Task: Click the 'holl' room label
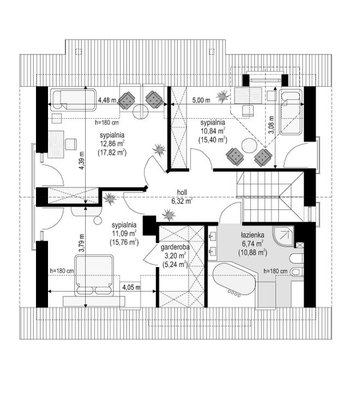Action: pyautogui.click(x=182, y=192)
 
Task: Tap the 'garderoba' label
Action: pyautogui.click(x=175, y=247)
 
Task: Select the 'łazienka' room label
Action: pyautogui.click(x=252, y=235)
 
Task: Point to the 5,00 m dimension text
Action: pyautogui.click(x=201, y=100)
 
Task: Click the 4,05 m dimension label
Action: pyautogui.click(x=131, y=288)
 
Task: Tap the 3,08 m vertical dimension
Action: pyautogui.click(x=272, y=125)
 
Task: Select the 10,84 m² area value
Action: pyautogui.click(x=213, y=131)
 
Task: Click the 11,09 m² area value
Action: pyautogui.click(x=124, y=234)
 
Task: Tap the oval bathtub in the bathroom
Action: pyautogui.click(x=234, y=280)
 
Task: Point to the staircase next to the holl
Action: pyautogui.click(x=270, y=196)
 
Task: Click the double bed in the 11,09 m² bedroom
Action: pyautogui.click(x=94, y=275)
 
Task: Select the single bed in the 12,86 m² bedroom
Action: pyautogui.click(x=73, y=100)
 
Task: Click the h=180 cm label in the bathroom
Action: pyautogui.click(x=276, y=271)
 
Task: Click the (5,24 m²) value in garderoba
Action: pyautogui.click(x=175, y=264)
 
